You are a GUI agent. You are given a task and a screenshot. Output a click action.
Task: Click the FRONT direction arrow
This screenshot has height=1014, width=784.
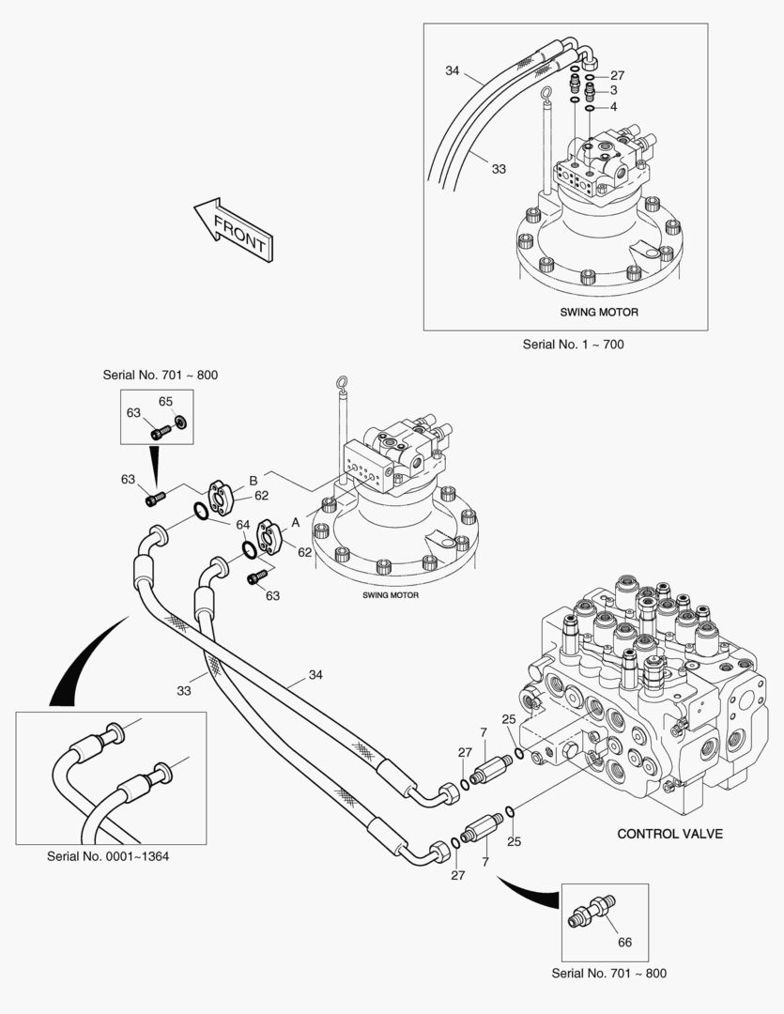coord(233,229)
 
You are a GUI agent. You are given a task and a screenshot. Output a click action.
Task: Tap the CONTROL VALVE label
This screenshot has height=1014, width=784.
coord(669,833)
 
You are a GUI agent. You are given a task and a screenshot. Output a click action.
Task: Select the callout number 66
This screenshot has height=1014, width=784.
coord(624,942)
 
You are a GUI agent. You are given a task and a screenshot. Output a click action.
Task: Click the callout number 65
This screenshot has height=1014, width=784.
coord(165,401)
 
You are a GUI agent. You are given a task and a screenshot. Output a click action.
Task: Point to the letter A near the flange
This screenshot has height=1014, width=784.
coord(296,520)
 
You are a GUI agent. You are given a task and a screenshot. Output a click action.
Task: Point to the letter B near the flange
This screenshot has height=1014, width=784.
coord(253,481)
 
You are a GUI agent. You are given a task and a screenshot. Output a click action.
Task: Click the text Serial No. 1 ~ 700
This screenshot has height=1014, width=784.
coord(573,345)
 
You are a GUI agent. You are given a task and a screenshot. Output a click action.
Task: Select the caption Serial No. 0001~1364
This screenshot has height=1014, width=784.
coord(109,856)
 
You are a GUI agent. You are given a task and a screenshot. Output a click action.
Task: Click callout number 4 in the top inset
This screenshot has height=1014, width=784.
coord(613,107)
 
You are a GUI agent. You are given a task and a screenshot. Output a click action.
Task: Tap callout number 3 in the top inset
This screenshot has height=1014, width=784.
coord(613,90)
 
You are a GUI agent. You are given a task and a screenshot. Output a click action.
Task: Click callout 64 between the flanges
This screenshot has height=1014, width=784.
coord(242,524)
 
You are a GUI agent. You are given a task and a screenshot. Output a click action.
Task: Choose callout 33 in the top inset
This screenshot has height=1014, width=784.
coord(499,169)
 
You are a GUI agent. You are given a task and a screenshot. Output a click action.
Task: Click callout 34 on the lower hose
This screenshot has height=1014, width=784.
coord(315,673)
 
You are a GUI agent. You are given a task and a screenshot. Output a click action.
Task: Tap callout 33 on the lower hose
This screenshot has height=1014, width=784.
coord(185,690)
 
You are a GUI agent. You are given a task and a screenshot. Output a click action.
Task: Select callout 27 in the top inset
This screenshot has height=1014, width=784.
coord(617,75)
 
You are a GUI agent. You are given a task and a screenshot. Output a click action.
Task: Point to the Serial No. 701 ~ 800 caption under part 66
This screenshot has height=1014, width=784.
coord(609,973)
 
